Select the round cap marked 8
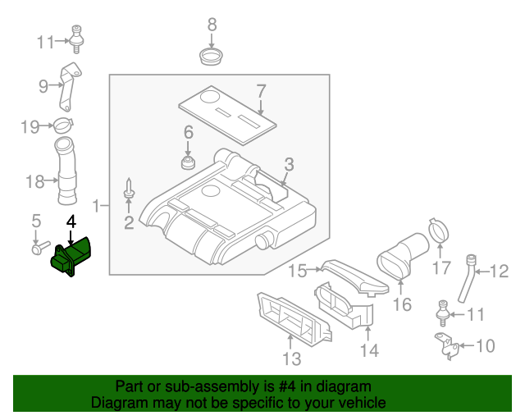click(212, 57)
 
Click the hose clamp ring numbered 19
click(63, 126)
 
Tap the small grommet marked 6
click(188, 159)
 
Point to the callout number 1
click(97, 205)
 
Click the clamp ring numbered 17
click(439, 231)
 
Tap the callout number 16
click(401, 306)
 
